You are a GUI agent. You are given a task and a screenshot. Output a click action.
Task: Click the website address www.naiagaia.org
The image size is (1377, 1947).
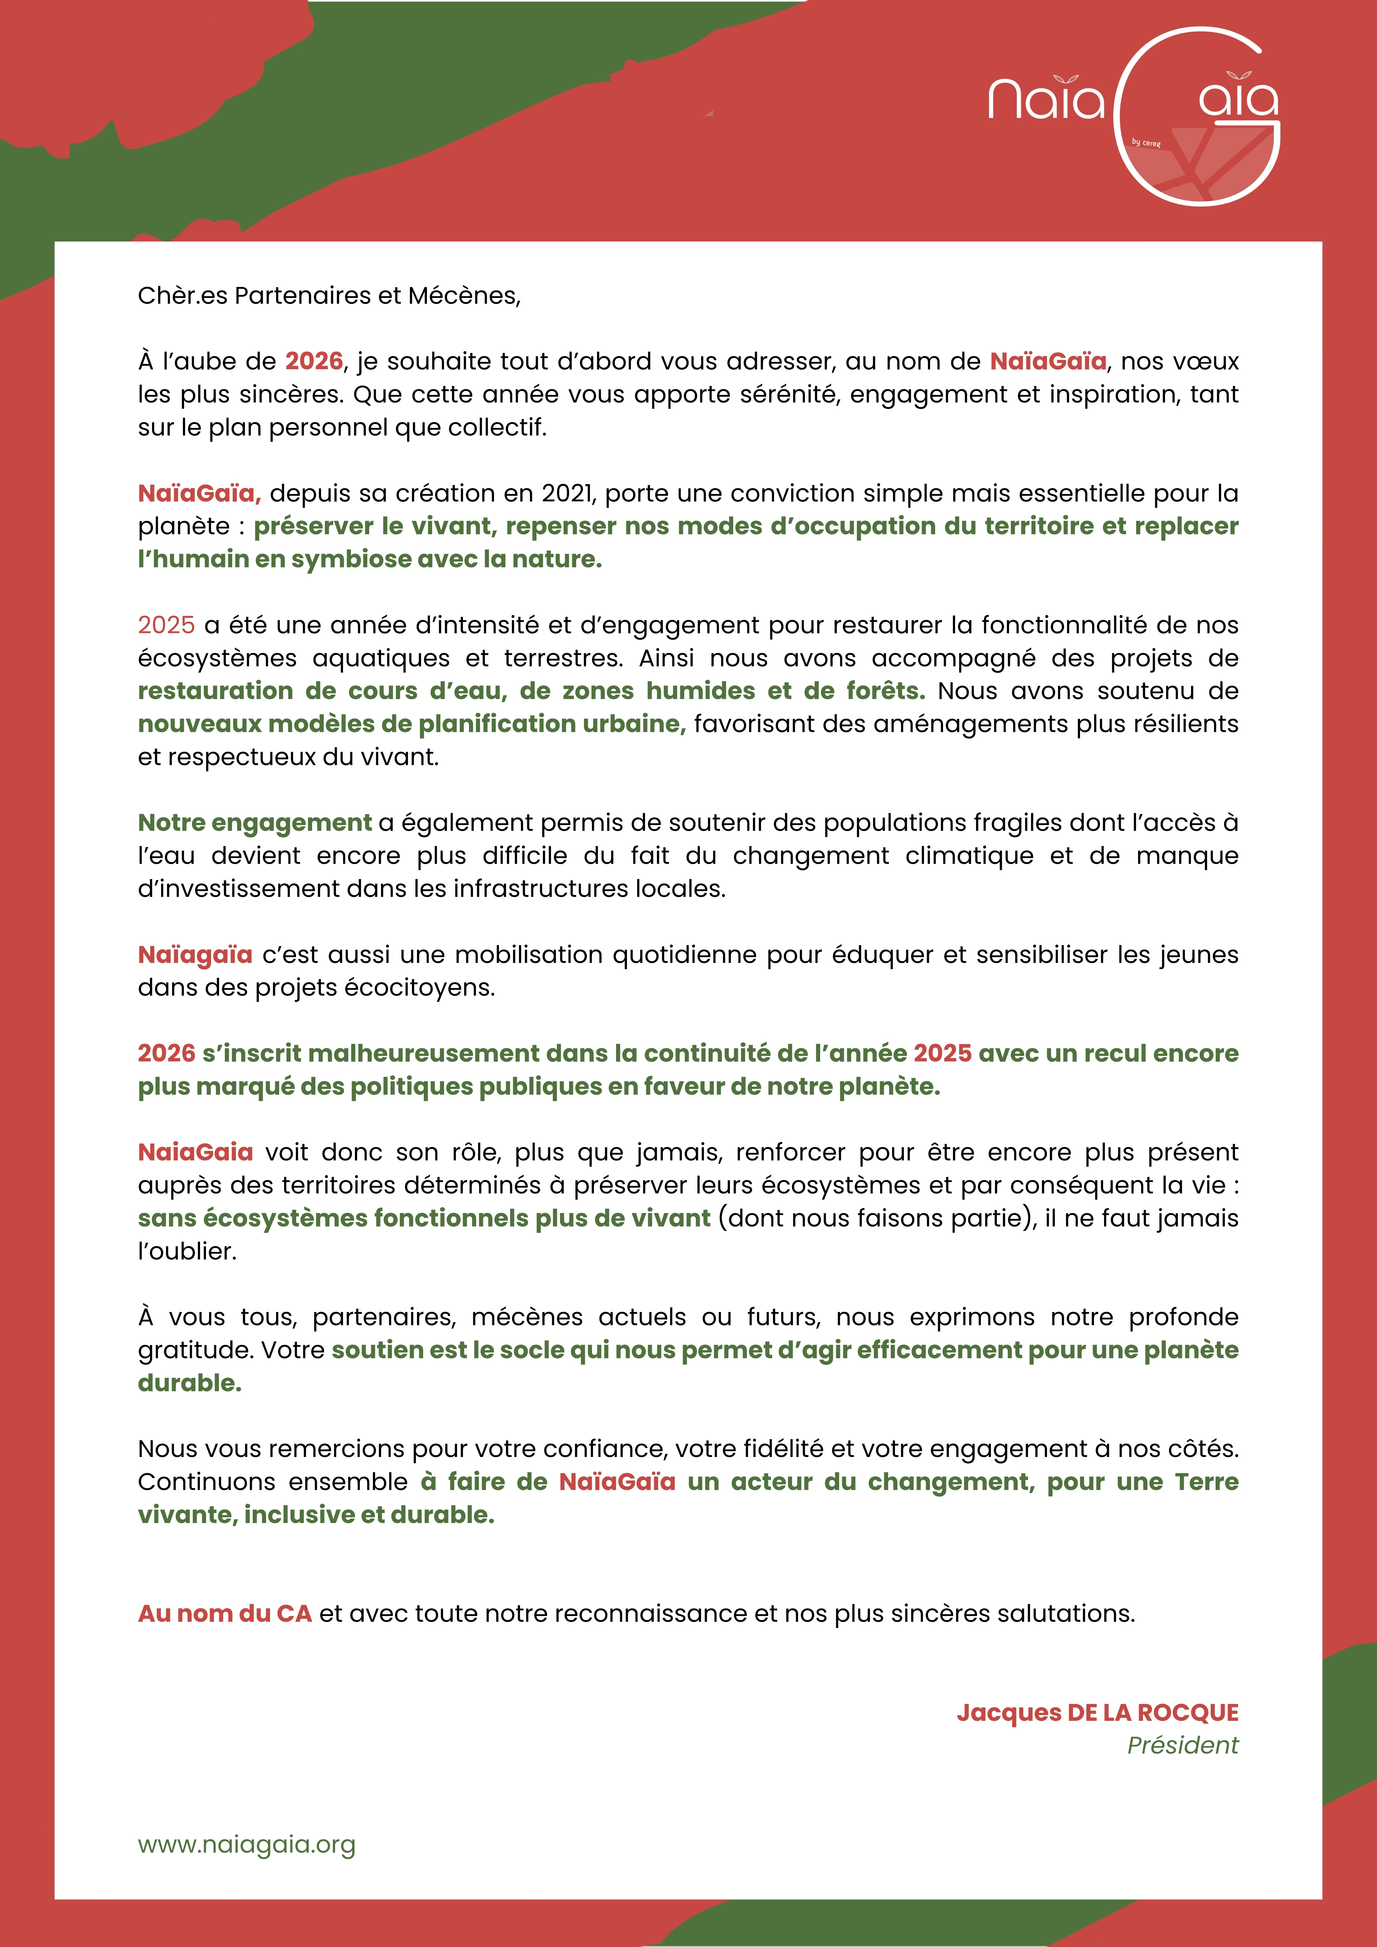click(x=246, y=1845)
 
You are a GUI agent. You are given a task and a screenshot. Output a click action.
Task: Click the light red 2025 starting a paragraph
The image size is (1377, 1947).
click(x=166, y=625)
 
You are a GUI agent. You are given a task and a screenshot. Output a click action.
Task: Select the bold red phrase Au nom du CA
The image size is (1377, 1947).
click(x=225, y=1613)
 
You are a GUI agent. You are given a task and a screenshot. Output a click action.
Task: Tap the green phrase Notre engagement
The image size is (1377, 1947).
click(x=255, y=822)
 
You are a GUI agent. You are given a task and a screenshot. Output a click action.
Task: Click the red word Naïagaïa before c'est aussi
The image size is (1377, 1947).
click(x=195, y=955)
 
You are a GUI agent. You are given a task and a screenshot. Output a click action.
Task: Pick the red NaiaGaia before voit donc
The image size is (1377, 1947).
click(x=195, y=1152)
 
